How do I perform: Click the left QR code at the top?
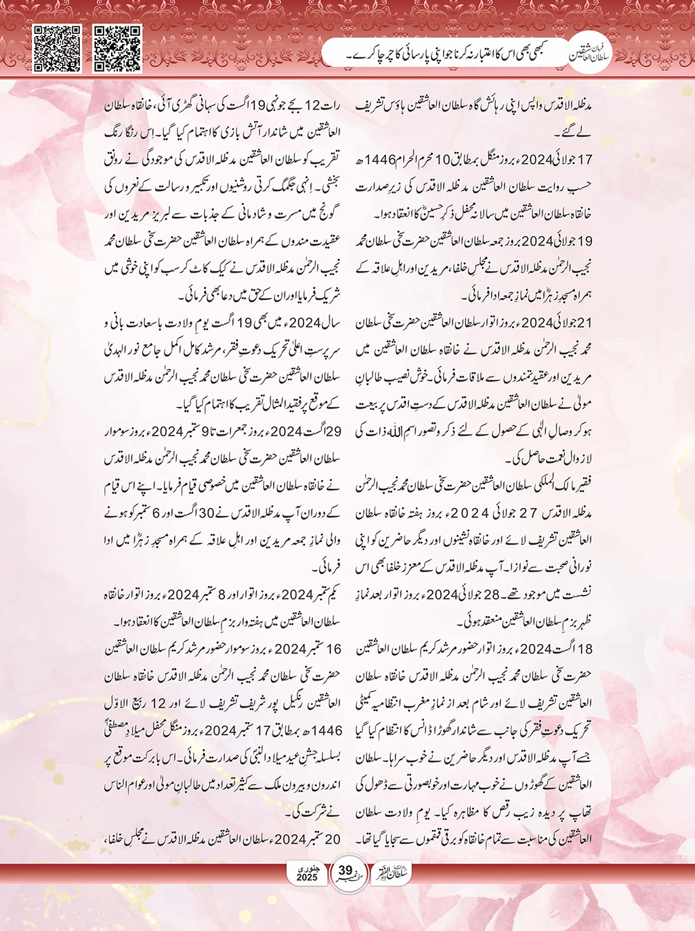(x=58, y=49)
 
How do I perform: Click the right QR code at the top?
(x=117, y=49)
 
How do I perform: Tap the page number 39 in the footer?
(x=345, y=870)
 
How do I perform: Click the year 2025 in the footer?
(x=307, y=878)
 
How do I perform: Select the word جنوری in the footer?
(x=308, y=868)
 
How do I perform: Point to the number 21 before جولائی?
(x=585, y=322)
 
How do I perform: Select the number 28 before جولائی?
(x=491, y=594)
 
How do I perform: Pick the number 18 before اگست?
(x=585, y=649)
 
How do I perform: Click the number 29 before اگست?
(x=333, y=431)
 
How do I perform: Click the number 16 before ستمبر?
(x=333, y=649)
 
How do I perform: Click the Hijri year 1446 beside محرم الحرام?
(x=380, y=160)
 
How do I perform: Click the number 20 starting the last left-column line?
(x=333, y=839)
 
